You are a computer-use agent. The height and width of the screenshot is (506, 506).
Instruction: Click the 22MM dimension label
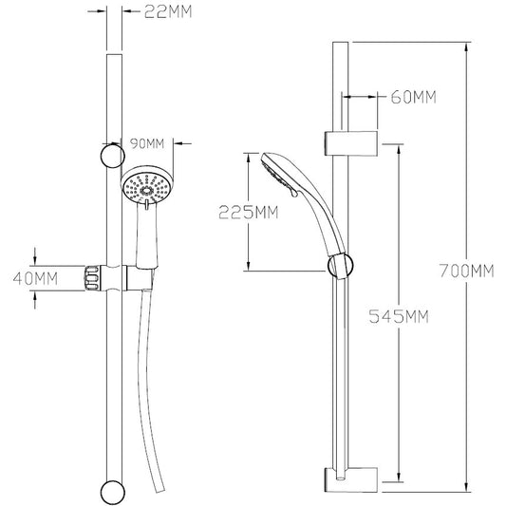click(168, 12)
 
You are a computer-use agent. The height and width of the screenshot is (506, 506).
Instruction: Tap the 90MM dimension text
click(147, 143)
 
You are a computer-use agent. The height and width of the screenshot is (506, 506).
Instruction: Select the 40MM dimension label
click(35, 279)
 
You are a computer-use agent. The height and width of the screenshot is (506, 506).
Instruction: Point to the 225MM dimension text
click(248, 213)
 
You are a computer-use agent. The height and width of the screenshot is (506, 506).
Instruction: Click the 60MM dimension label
click(413, 97)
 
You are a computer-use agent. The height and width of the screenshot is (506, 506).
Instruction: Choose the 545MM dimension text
click(399, 316)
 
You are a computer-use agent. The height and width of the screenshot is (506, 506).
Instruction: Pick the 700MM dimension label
click(467, 271)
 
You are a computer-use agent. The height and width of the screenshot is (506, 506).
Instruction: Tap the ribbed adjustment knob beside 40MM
click(92, 278)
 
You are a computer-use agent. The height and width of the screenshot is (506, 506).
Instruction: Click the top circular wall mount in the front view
click(113, 156)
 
